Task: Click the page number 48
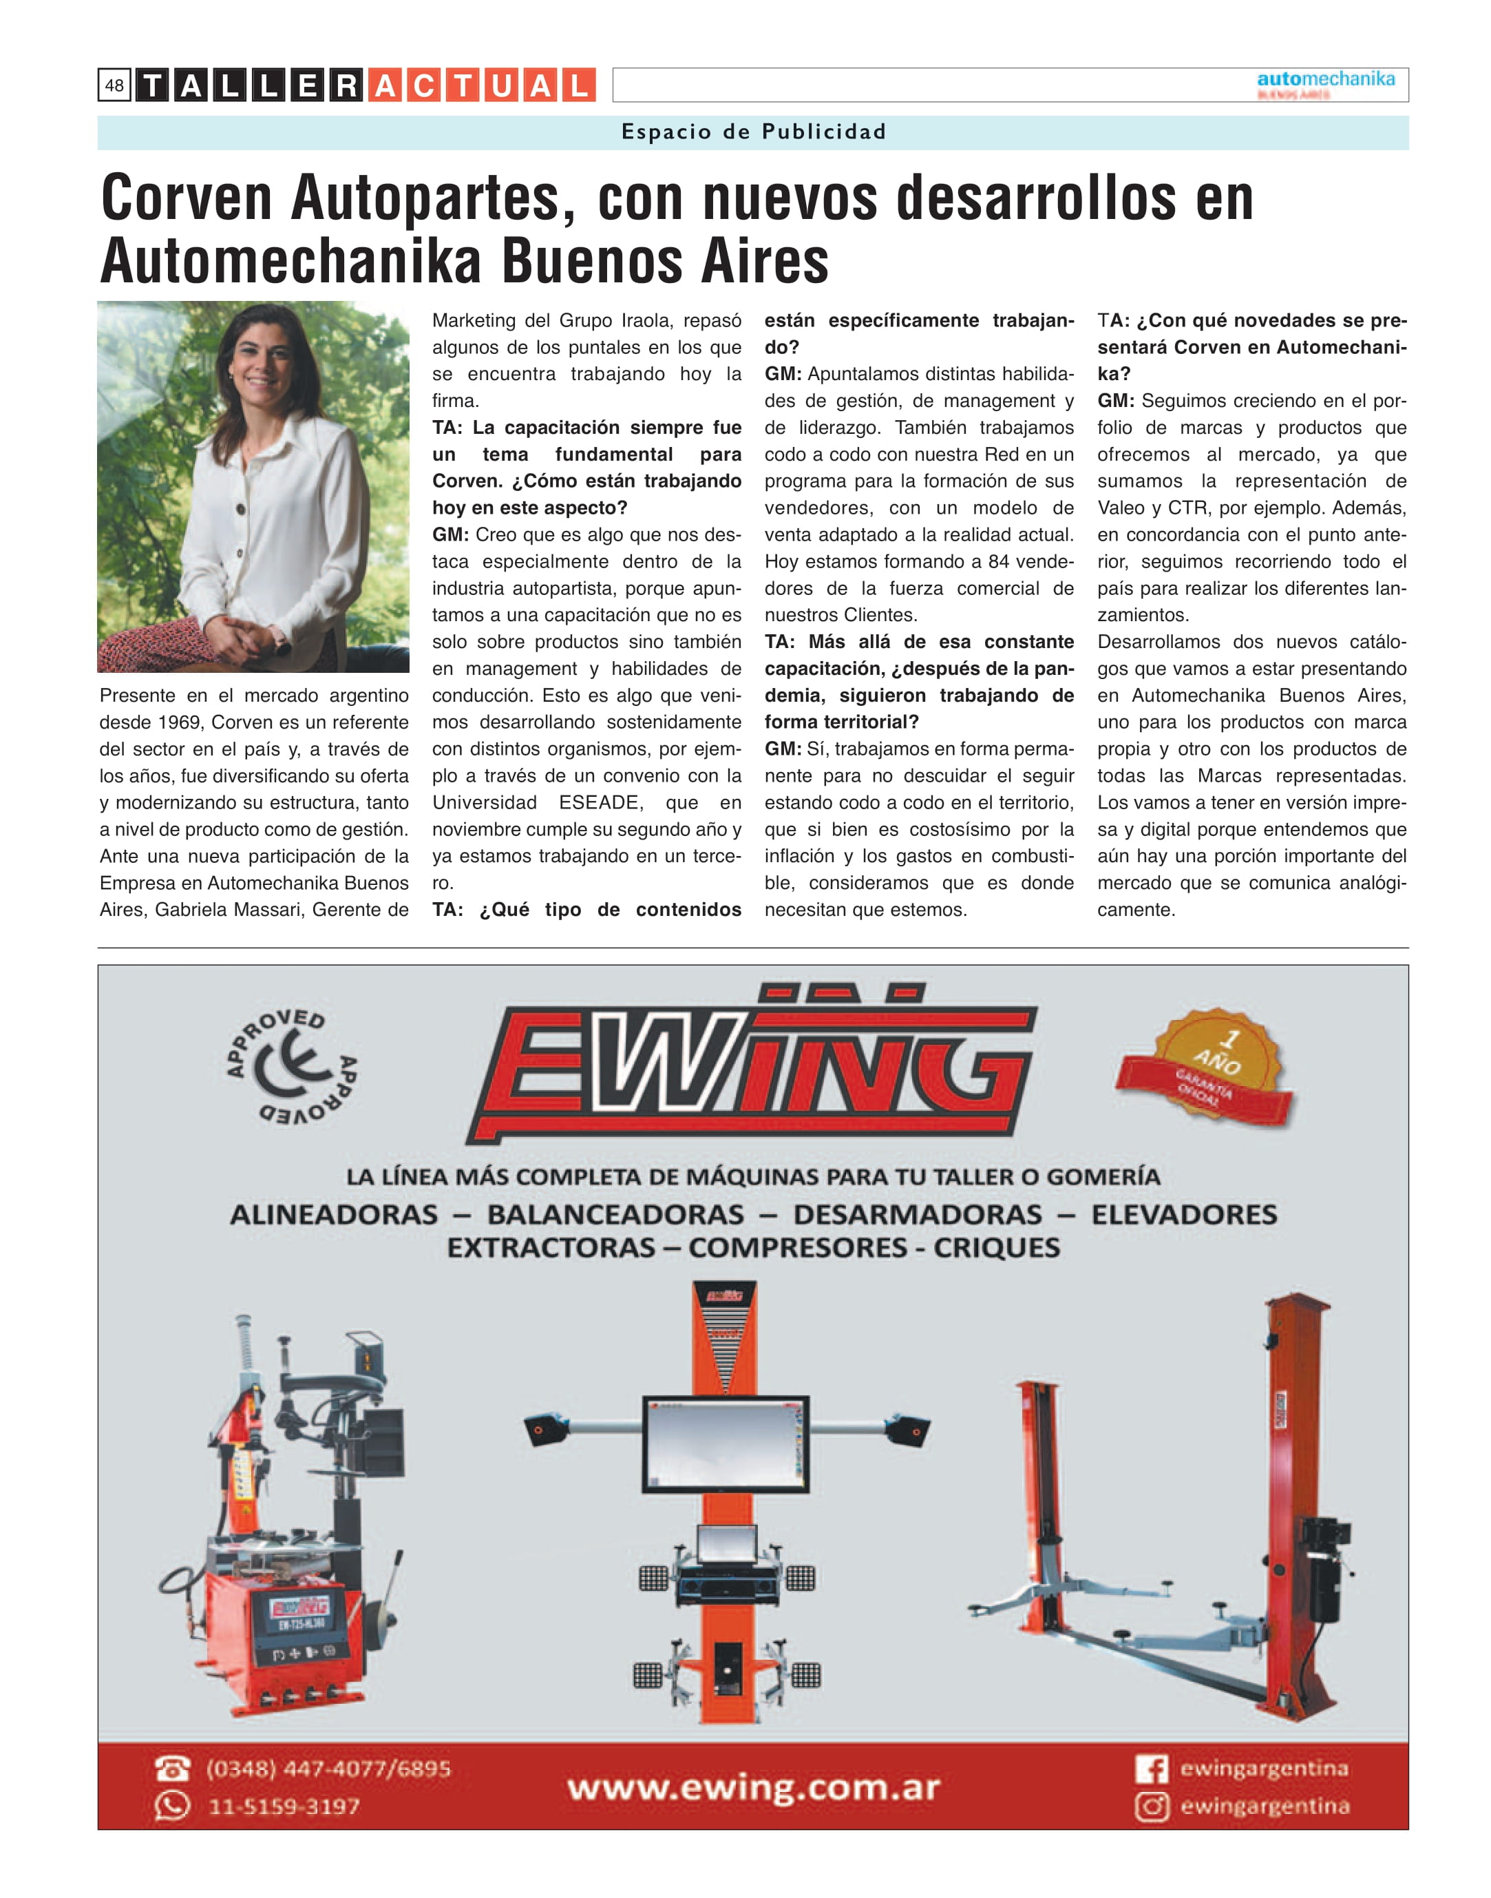[x=114, y=85]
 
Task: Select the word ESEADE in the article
[x=600, y=803]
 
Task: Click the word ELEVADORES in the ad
[x=1184, y=1215]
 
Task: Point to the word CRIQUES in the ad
[x=997, y=1248]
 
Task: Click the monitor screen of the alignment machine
[x=726, y=1445]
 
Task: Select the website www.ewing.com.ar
[x=753, y=1788]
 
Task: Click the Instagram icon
[x=1152, y=1806]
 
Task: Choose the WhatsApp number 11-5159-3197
[x=284, y=1806]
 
